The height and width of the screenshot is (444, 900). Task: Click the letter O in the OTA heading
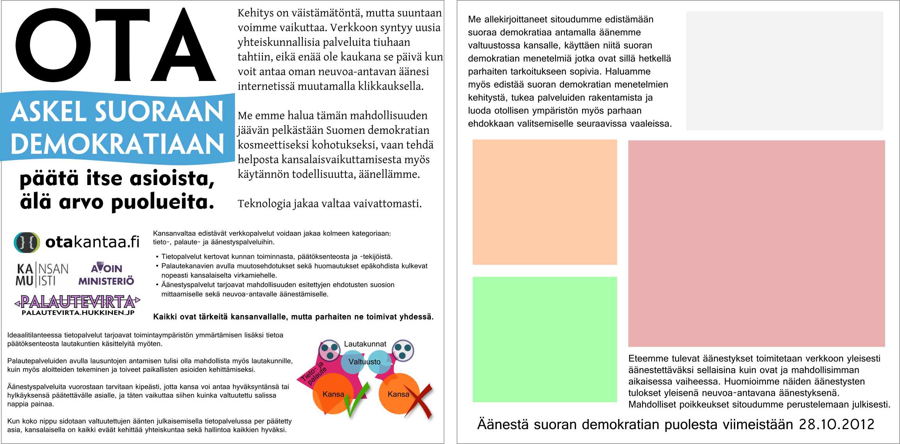click(53, 45)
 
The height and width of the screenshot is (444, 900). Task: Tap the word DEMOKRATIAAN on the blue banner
click(117, 144)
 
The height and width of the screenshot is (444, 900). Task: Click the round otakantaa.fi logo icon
click(27, 242)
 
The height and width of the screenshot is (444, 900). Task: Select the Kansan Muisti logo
click(42, 275)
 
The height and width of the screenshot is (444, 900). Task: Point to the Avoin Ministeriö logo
click(106, 274)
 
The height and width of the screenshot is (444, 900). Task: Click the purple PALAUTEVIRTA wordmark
click(77, 302)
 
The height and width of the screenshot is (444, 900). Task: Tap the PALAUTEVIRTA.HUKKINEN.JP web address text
click(78, 313)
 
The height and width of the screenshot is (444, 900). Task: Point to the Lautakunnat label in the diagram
click(365, 344)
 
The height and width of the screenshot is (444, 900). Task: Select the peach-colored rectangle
click(545, 202)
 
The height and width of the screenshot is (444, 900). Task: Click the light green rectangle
click(545, 339)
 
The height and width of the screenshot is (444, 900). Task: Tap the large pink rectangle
click(756, 243)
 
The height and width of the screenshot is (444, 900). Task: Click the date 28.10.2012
click(836, 424)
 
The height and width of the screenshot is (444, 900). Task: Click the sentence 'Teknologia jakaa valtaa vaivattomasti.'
click(330, 203)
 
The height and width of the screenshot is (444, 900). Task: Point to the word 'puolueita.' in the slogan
click(162, 202)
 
